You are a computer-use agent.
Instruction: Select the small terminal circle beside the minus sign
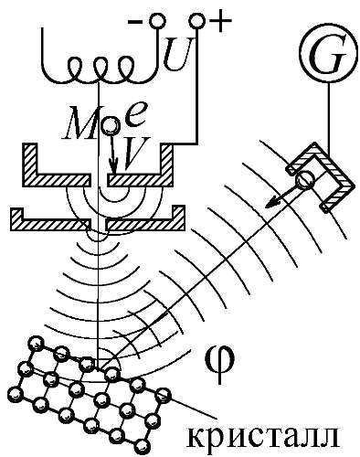pyautogui.click(x=157, y=22)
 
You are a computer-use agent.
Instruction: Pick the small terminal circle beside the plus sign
pyautogui.click(x=197, y=22)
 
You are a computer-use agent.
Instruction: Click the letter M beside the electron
pyautogui.click(x=80, y=124)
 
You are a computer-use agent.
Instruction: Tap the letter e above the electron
pyautogui.click(x=135, y=116)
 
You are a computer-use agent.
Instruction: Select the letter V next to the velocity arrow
pyautogui.click(x=133, y=153)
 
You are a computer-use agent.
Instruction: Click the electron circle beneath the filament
pyautogui.click(x=111, y=126)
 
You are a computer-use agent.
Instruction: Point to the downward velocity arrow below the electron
pyautogui.click(x=113, y=154)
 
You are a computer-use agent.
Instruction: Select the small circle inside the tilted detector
pyautogui.click(x=305, y=179)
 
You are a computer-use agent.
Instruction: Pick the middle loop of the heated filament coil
pyautogui.click(x=100, y=68)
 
